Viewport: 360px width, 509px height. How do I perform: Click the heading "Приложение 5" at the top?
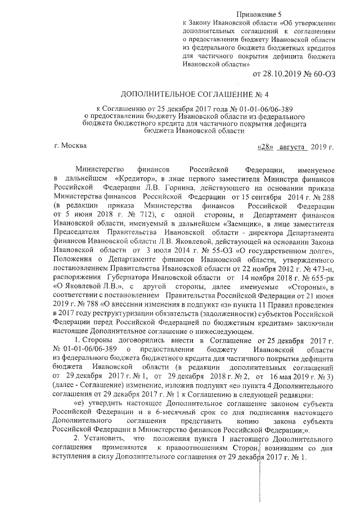point(260,13)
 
